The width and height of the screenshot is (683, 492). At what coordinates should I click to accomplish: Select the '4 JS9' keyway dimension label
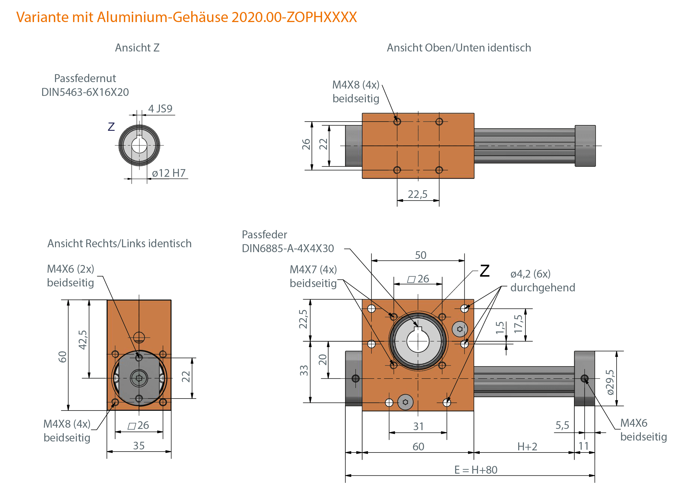point(160,109)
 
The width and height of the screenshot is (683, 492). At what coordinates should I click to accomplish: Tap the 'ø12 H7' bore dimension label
point(169,173)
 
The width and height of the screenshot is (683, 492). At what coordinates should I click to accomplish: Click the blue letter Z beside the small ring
point(111,127)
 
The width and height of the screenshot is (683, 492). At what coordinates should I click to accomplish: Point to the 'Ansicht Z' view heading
point(137,48)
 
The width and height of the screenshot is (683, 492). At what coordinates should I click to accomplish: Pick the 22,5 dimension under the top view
point(417,194)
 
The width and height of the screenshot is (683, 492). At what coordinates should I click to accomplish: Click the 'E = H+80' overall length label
point(476,470)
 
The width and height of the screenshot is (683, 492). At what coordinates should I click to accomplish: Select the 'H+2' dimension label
point(527,447)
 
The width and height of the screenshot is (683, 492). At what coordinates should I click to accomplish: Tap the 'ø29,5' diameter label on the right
point(610,382)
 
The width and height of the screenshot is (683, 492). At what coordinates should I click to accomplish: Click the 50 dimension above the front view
point(421,255)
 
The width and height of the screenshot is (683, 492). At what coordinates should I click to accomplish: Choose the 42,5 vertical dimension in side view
point(83,339)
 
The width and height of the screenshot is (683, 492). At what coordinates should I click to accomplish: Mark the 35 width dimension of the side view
point(139,446)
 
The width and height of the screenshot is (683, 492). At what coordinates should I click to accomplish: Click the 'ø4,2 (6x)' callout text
point(530,274)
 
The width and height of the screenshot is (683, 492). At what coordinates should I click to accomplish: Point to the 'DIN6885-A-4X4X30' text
point(288,248)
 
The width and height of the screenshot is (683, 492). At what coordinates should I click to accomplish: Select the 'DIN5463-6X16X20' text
point(85,92)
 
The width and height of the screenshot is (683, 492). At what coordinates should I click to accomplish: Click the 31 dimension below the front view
point(418,426)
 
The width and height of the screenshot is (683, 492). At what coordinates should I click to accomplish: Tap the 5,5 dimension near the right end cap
point(562,425)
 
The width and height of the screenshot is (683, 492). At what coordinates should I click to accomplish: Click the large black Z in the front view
point(485,271)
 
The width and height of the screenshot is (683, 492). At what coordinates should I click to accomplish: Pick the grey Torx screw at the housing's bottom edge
point(405,402)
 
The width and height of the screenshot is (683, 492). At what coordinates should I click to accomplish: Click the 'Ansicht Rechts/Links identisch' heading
point(119,244)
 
